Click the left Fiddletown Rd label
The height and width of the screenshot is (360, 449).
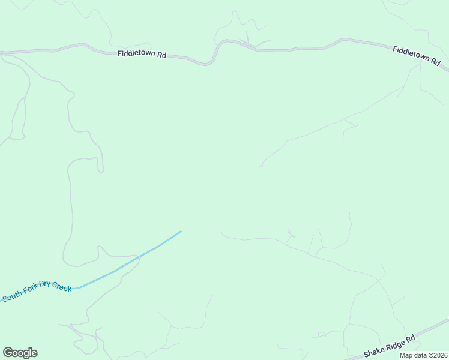[x=141, y=53]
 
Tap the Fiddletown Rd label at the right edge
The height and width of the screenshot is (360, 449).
[x=417, y=55]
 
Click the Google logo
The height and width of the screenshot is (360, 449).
[x=20, y=353]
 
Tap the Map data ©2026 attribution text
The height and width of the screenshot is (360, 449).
[x=424, y=355]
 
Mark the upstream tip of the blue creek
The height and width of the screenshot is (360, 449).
[x=181, y=231]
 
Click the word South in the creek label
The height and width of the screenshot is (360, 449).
[x=11, y=296]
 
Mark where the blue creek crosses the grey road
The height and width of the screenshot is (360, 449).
[x=139, y=257]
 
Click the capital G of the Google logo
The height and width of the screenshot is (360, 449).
[x=8, y=353]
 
